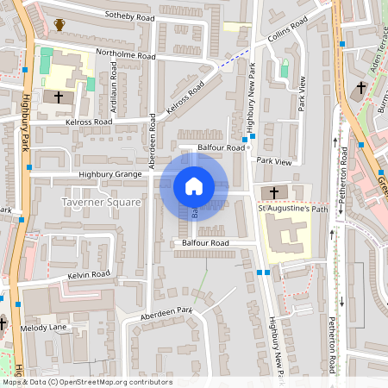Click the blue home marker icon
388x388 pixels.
point(194,185)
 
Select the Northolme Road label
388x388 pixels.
point(126,55)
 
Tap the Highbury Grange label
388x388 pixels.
point(110,174)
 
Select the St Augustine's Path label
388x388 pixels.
point(294,208)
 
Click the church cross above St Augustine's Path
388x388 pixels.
point(274,191)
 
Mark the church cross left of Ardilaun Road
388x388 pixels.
point(59,97)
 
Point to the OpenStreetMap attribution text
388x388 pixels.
point(86,382)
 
